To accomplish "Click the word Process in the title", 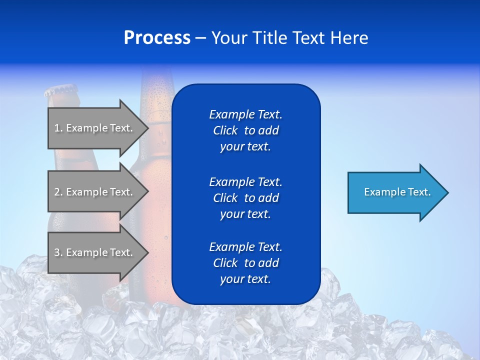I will point(157,38).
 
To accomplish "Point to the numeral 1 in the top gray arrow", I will point(57,128).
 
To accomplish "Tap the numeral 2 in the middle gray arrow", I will point(57,192).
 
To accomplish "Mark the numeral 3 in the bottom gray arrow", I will point(57,252).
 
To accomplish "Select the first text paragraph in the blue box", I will point(245,130).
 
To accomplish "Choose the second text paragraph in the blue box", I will point(245,198).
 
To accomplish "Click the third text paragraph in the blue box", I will point(245,263).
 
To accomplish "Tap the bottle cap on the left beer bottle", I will point(60,91).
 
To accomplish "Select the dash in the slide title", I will point(200,38).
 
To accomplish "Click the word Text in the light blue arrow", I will point(419,192).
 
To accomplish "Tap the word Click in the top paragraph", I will point(225,130).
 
